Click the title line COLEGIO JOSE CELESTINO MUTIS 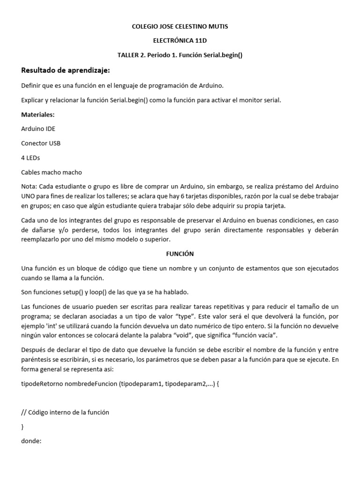coord(180,27)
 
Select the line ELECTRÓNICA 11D coord(180,41)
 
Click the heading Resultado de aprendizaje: coord(66,70)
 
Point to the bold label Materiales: coord(38,114)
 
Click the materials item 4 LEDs coord(31,157)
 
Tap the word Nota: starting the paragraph coord(30,186)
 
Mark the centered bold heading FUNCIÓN coord(180,254)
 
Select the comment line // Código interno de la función coord(65,412)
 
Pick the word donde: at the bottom coord(32,441)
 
